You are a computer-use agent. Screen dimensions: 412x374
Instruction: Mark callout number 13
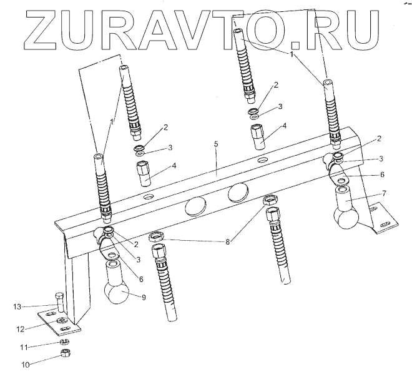18,306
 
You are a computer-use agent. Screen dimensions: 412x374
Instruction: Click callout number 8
228,240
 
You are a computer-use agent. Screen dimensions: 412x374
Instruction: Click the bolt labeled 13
59,305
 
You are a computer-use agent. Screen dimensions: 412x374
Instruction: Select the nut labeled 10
65,354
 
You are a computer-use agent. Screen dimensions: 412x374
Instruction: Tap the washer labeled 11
64,342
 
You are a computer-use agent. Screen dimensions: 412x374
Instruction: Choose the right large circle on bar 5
239,193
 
